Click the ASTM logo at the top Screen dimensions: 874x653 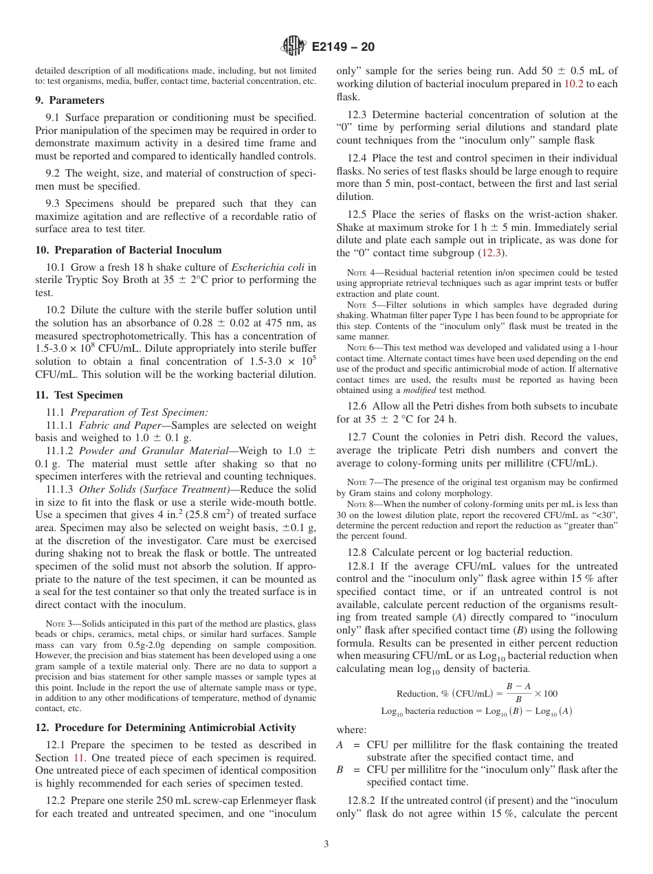click(x=293, y=47)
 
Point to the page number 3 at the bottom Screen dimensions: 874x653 click(x=326, y=844)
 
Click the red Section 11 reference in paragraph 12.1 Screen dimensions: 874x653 click(x=81, y=758)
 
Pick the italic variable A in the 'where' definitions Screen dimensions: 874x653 click(x=340, y=745)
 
